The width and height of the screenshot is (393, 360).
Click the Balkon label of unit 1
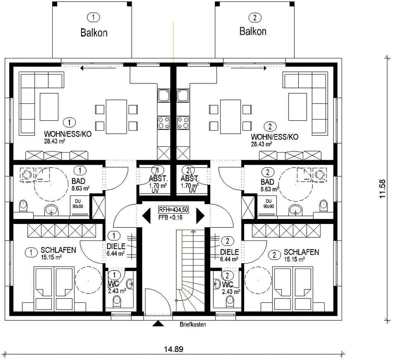(94, 33)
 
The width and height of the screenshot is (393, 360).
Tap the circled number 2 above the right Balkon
(255, 18)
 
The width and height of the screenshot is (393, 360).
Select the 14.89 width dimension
(174, 349)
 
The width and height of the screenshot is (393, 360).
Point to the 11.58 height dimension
(382, 189)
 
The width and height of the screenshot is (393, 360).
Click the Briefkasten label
(193, 324)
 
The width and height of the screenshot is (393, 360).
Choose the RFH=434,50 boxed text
(173, 209)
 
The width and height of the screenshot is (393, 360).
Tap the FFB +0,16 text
(170, 217)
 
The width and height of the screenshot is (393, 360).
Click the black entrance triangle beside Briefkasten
(158, 324)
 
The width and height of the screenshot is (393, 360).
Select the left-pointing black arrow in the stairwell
(146, 216)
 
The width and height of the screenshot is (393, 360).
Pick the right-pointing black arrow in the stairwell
(200, 216)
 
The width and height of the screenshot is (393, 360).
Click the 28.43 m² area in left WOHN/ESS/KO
(54, 141)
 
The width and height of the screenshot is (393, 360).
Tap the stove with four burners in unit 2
(183, 123)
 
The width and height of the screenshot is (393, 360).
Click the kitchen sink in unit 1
(163, 96)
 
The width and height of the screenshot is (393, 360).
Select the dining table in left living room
(116, 117)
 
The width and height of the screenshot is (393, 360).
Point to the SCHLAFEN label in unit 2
(301, 252)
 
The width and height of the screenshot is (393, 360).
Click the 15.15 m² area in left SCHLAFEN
(51, 257)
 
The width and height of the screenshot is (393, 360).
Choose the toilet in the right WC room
(230, 301)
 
